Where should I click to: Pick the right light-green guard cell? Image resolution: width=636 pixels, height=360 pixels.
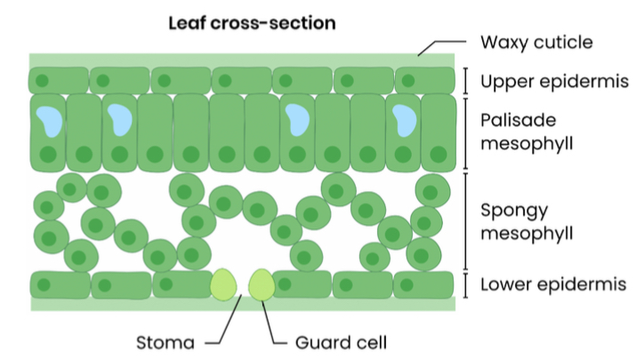(x=262, y=284)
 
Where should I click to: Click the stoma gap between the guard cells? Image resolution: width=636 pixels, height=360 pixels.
(x=242, y=285)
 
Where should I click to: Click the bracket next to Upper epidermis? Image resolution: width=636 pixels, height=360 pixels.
(x=465, y=80)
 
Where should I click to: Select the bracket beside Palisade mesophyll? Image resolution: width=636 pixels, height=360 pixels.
(x=465, y=133)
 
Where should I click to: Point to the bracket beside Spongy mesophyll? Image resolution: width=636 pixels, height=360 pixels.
(x=465, y=222)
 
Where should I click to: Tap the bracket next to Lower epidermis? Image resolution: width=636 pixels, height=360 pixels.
(x=465, y=285)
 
